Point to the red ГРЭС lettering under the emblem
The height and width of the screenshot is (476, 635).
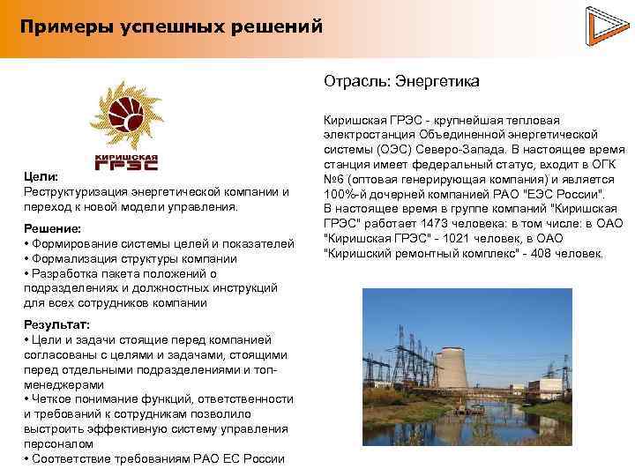[x=125, y=162]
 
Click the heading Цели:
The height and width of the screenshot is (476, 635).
[x=41, y=176]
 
